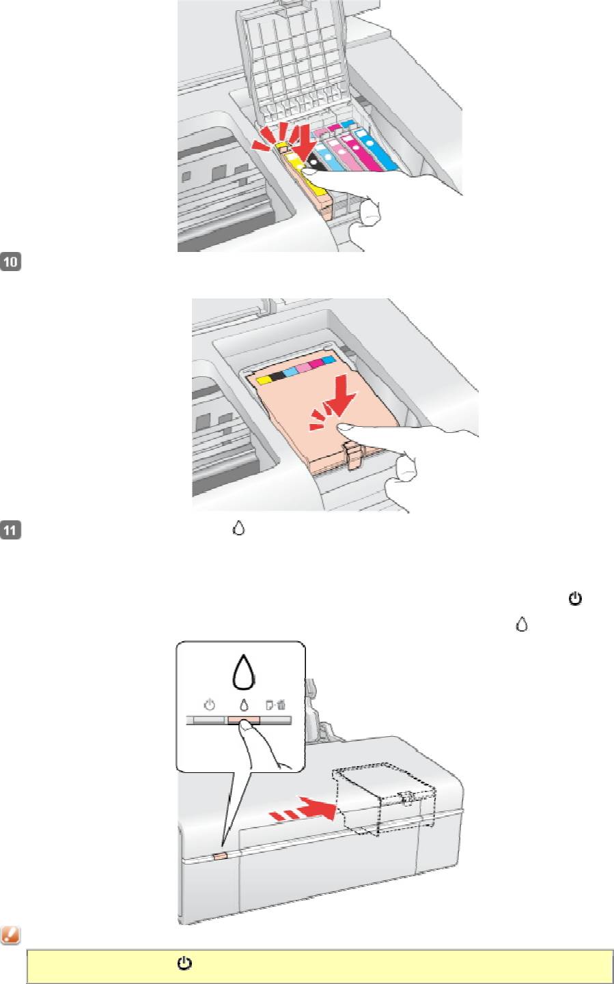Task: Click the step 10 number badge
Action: pos(10,262)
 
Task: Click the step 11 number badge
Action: pos(10,530)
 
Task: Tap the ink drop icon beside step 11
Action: pos(238,528)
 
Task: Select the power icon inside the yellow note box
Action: pos(184,964)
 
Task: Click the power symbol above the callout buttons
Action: pos(210,705)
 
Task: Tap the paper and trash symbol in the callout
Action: pos(275,705)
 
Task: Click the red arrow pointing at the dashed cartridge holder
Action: pos(303,811)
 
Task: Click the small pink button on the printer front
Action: pos(220,856)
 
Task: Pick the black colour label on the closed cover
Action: pos(277,376)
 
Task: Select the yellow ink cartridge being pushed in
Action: pos(307,184)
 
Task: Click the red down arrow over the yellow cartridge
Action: pos(304,142)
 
